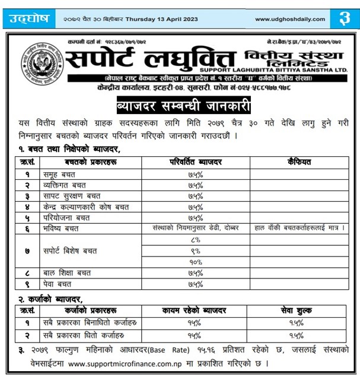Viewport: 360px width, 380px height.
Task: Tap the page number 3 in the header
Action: point(344,18)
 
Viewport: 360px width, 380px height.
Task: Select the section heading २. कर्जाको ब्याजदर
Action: point(50,298)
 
